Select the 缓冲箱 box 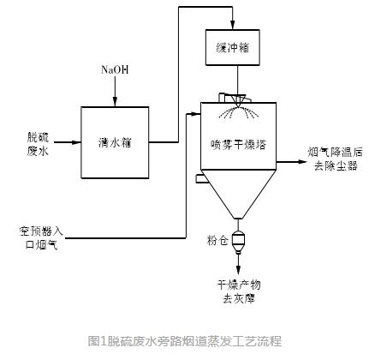click(x=233, y=47)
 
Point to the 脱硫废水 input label click(x=38, y=143)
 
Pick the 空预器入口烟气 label click(x=42, y=237)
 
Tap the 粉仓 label click(x=217, y=241)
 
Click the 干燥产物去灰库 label click(x=239, y=293)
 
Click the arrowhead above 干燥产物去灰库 click(x=239, y=271)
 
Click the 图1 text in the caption click(x=97, y=340)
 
